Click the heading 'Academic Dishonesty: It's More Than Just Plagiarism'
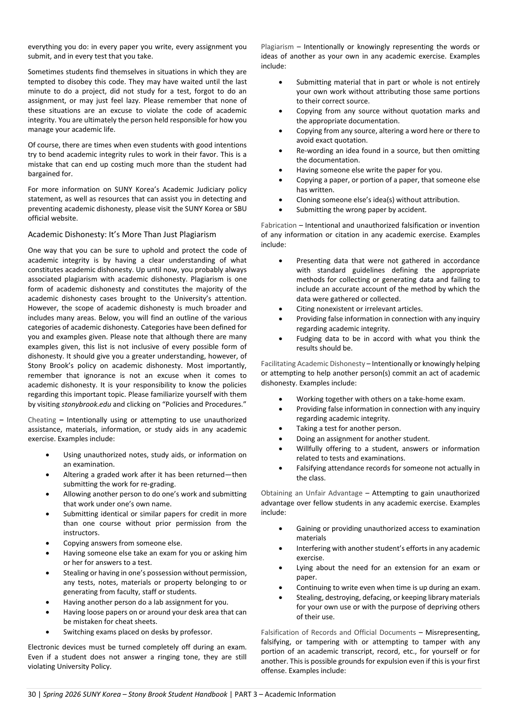122,234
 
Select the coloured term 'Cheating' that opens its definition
42,419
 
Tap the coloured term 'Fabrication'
279,225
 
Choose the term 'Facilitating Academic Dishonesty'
313,364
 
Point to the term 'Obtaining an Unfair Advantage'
311,493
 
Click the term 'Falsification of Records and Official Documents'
338,632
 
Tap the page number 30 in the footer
32,694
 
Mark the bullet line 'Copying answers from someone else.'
122,543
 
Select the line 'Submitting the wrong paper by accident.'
361,210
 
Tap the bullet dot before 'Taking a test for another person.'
281,428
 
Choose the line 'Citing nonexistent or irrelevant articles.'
359,309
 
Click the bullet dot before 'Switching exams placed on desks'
48,632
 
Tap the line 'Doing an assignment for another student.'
363,439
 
